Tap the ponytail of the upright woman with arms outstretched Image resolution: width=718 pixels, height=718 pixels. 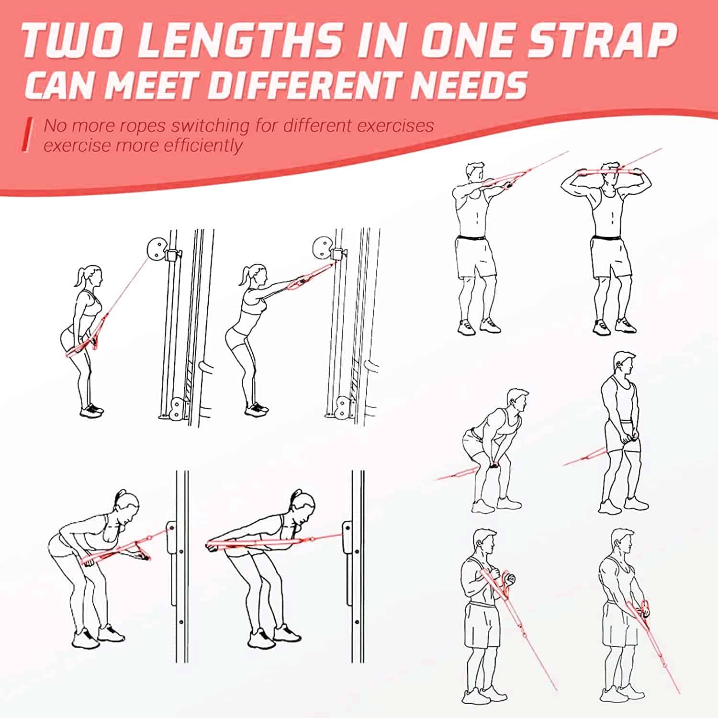click(x=245, y=276)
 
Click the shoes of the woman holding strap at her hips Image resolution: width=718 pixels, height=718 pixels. click(x=92, y=410)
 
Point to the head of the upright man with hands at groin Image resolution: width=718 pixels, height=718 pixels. click(x=625, y=365)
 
